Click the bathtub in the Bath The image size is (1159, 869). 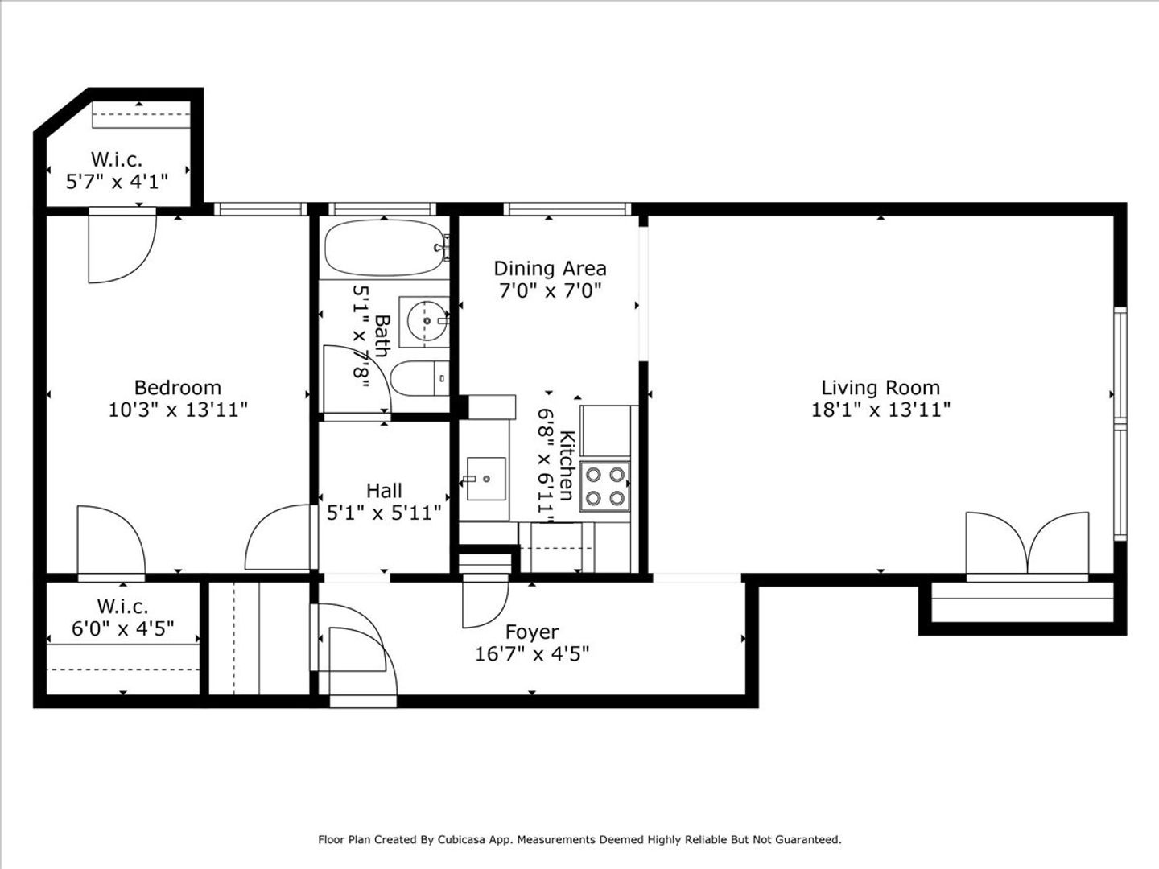point(385,248)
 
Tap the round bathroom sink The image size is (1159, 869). point(426,321)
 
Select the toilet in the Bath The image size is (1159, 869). point(420,378)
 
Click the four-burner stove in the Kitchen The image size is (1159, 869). point(605,487)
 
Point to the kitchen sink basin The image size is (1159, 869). point(486,479)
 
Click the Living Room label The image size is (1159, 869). point(881,388)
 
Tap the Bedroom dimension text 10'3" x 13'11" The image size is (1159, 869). point(178,410)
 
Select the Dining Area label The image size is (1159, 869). point(550,269)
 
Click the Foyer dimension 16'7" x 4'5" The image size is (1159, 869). point(532,654)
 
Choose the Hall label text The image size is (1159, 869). point(384,491)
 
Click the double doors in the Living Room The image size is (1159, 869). point(1028,543)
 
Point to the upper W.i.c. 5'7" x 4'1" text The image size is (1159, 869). point(117,182)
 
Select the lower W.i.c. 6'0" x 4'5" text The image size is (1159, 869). point(122,628)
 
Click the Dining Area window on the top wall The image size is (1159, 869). point(567,209)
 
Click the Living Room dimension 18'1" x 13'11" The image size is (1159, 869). point(881,410)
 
